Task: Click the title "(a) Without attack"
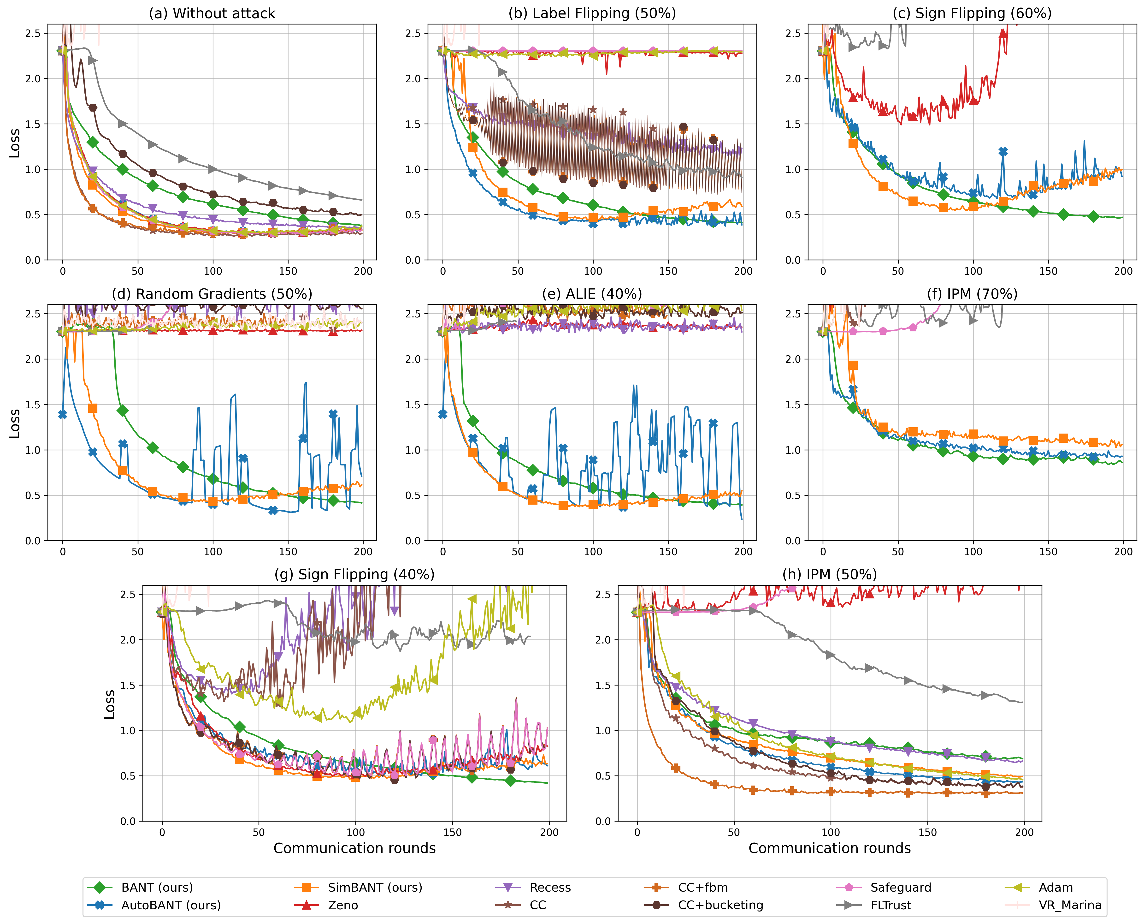pyautogui.click(x=212, y=13)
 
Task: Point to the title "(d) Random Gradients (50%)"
pyautogui.click(x=212, y=294)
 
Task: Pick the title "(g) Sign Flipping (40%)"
pyautogui.click(x=354, y=574)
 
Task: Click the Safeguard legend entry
pyautogui.click(x=900, y=887)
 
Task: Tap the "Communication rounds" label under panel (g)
pyautogui.click(x=354, y=848)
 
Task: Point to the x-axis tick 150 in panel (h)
pyautogui.click(x=927, y=832)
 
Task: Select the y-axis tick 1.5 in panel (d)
pyautogui.click(x=33, y=405)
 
